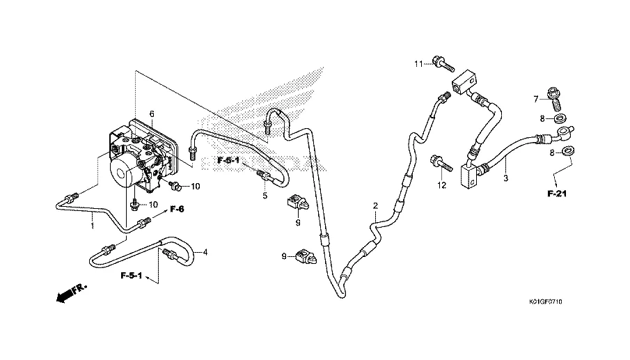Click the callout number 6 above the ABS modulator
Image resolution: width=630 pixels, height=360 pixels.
point(152,114)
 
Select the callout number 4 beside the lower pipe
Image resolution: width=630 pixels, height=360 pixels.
point(205,252)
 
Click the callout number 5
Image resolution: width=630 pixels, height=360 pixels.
point(265,196)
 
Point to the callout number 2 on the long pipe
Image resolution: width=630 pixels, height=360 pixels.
point(375,205)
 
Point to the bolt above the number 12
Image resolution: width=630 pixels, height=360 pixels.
point(441,163)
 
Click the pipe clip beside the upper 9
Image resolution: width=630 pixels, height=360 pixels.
point(296,204)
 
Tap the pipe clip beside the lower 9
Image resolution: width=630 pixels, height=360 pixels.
point(306,258)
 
